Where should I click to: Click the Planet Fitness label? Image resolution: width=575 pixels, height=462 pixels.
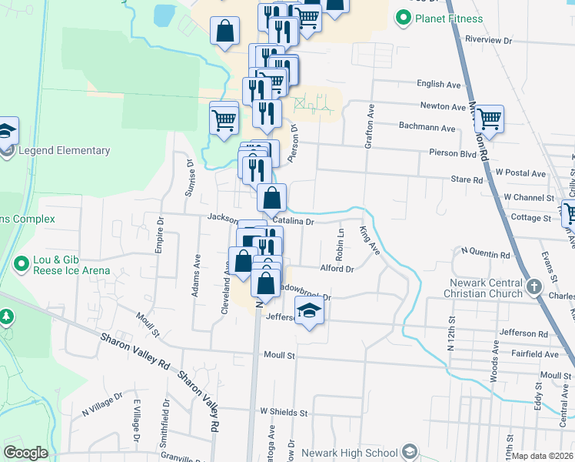[x=449, y=18]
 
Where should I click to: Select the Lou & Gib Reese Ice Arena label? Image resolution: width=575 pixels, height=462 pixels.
[x=71, y=265]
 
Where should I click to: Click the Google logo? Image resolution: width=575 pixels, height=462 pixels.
[x=26, y=453]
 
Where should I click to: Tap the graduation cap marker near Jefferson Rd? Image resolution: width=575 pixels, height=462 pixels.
[x=310, y=311]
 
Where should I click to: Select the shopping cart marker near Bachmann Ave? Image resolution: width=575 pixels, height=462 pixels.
[x=488, y=119]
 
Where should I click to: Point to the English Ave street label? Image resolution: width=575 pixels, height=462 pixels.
[x=438, y=84]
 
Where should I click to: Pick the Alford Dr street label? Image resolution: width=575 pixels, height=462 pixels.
[x=337, y=269]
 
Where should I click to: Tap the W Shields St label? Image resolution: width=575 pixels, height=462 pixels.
[x=283, y=413]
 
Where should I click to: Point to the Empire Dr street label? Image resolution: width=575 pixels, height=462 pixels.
[x=161, y=230]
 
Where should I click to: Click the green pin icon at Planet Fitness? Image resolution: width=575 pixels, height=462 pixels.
[x=403, y=18]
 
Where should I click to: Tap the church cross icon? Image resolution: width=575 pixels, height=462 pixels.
[x=535, y=288]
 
